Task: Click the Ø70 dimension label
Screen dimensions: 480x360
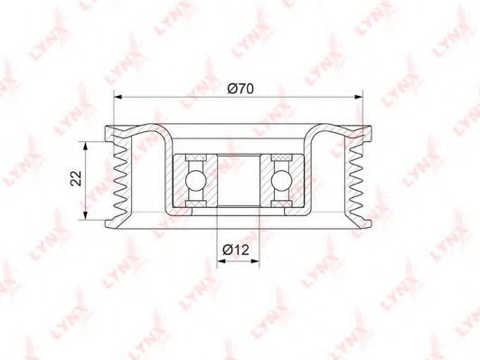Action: pyautogui.click(x=240, y=89)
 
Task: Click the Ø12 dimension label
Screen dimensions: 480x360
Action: pyautogui.click(x=236, y=250)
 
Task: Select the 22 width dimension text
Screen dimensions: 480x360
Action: pyautogui.click(x=76, y=178)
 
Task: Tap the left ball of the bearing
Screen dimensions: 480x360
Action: pyautogui.click(x=195, y=181)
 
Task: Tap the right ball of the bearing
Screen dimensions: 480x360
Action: pyautogui.click(x=281, y=181)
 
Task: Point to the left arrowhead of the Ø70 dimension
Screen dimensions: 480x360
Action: pyautogui.click(x=118, y=97)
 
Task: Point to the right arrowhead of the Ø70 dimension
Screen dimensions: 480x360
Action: pyautogui.click(x=358, y=97)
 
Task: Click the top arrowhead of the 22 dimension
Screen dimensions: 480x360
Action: pyautogui.click(x=86, y=147)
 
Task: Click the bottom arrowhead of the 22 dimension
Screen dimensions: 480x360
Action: pyautogui.click(x=86, y=215)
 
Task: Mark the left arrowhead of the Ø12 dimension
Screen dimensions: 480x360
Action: pyautogui.click(x=221, y=261)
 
